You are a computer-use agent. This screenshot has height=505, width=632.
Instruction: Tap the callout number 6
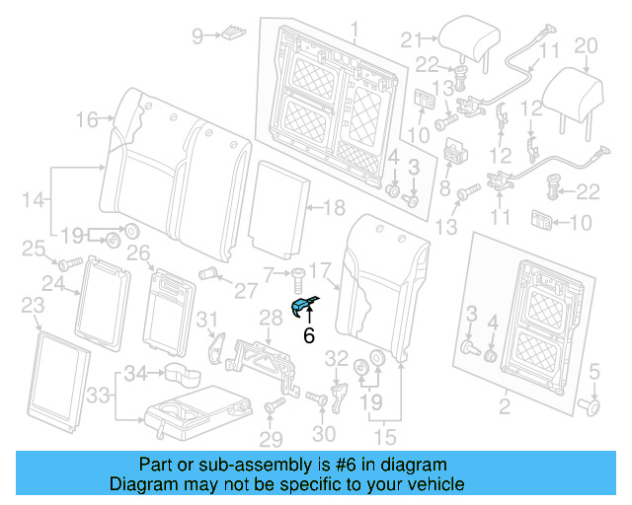[308, 335]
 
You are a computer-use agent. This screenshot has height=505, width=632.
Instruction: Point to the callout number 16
[87, 120]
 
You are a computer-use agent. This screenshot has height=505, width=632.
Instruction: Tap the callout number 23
[31, 305]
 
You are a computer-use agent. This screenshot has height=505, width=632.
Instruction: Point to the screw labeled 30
[318, 397]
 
